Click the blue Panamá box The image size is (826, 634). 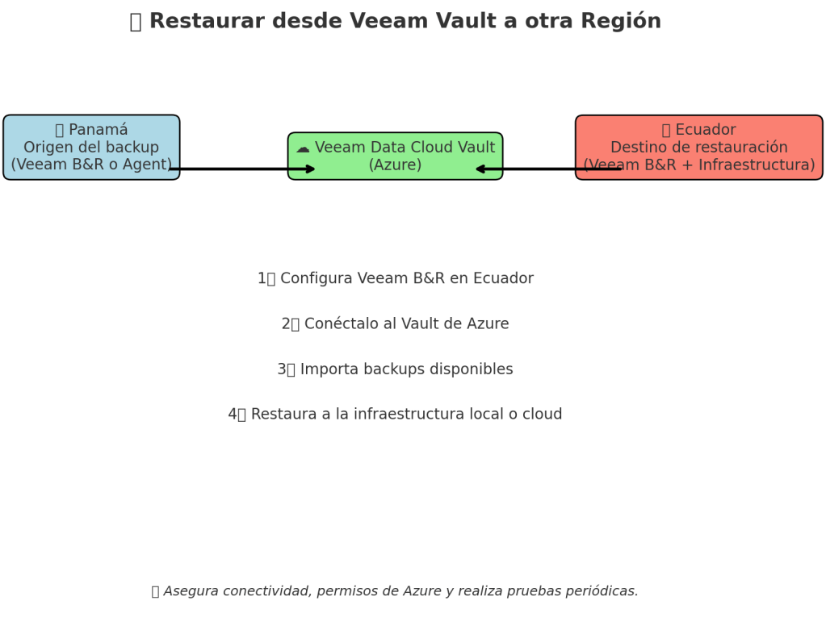pyautogui.click(x=91, y=147)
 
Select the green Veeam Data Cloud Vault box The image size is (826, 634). pyautogui.click(x=395, y=156)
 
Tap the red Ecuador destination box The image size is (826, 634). pyautogui.click(x=698, y=147)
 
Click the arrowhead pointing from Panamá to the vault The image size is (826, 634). pyautogui.click(x=311, y=169)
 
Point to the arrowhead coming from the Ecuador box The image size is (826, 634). pyautogui.click(x=480, y=169)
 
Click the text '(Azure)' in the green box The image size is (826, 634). pyautogui.click(x=395, y=165)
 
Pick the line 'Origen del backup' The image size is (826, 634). pyautogui.click(x=91, y=148)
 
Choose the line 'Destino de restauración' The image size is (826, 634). pyautogui.click(x=698, y=148)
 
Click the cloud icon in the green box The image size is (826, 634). pyautogui.click(x=303, y=148)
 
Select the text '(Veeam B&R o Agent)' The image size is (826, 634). pyautogui.click(x=91, y=165)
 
